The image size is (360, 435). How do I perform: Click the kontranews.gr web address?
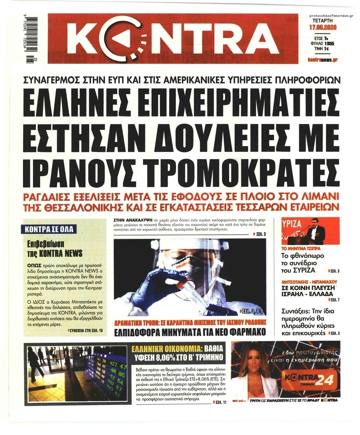pyautogui.click(x=323, y=60)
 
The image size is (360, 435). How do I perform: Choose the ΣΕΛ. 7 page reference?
pyautogui.click(x=334, y=299)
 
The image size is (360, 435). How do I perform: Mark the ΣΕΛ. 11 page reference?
pyautogui.click(x=220, y=402)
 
